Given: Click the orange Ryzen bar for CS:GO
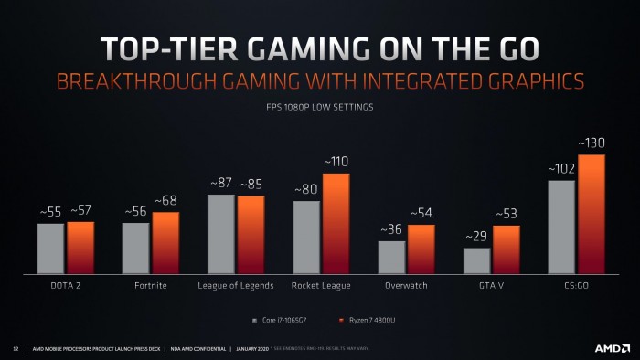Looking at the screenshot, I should [x=592, y=214].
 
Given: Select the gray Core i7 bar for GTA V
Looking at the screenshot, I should [x=477, y=260].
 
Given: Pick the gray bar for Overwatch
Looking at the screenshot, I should [x=391, y=257].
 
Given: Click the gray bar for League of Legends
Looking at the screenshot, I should [x=221, y=234].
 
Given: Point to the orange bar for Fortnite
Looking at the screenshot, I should [x=165, y=243].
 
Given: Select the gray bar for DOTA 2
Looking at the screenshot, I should [x=50, y=249].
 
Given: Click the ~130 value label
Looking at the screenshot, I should [x=591, y=143].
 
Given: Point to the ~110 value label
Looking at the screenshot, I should [x=336, y=162].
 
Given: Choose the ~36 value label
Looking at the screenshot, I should [x=391, y=229].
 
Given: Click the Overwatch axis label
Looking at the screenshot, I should [x=406, y=286].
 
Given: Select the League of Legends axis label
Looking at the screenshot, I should [x=236, y=286].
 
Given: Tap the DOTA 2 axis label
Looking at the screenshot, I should [x=65, y=286].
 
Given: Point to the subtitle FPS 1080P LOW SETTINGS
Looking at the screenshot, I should [x=319, y=107].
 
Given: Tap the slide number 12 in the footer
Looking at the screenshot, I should [x=16, y=348].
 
